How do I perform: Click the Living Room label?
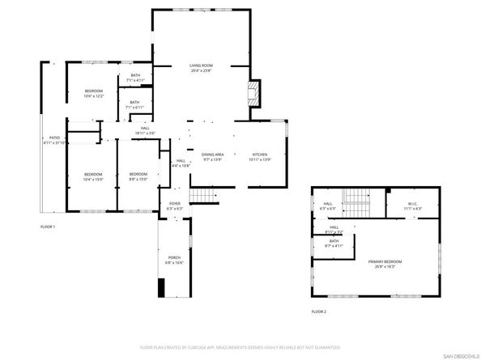tap(201, 68)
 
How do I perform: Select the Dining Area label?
tap(214, 156)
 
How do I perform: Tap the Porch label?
tap(174, 260)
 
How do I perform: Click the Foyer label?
tap(174, 205)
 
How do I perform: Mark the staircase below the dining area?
tap(204, 195)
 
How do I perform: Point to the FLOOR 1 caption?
tap(48, 227)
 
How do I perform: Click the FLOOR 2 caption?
tap(318, 311)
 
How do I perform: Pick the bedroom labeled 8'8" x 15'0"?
tap(138, 176)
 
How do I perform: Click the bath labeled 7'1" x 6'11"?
tap(135, 104)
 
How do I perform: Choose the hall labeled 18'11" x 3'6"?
tap(145, 130)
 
